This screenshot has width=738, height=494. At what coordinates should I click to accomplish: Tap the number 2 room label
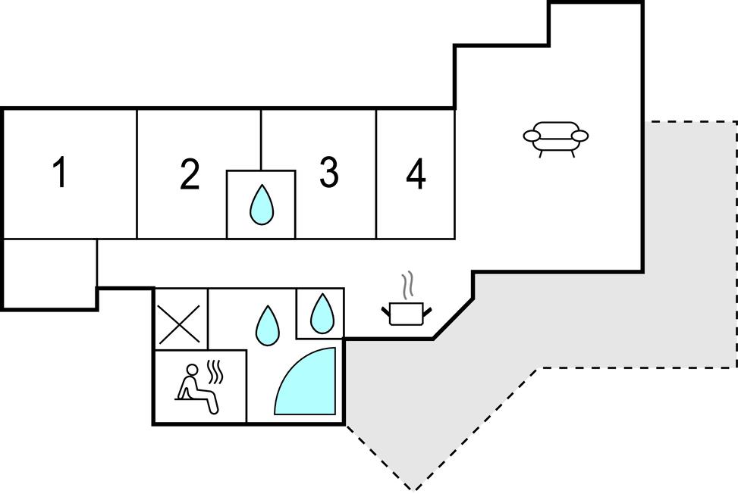click(x=190, y=174)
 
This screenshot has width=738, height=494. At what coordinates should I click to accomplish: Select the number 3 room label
click(x=328, y=173)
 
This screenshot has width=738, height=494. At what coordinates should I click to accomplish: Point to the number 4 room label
click(x=415, y=176)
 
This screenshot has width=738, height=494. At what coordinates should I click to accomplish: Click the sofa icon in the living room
click(x=556, y=138)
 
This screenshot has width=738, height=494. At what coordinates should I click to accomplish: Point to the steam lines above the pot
click(x=409, y=285)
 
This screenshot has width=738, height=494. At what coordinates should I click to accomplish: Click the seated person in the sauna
click(x=196, y=389)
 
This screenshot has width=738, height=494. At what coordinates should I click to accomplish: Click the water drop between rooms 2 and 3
click(x=262, y=205)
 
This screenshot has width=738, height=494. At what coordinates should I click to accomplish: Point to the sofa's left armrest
click(x=532, y=136)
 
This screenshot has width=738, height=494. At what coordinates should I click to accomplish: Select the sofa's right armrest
click(x=580, y=136)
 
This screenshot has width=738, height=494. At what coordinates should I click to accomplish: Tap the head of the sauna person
click(x=193, y=370)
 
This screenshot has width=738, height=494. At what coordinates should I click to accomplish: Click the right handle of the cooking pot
click(x=428, y=309)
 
